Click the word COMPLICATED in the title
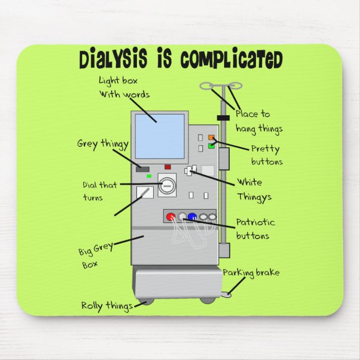point(231,59)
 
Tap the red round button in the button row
point(171,217)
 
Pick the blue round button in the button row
point(192,217)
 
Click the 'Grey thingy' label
point(102,144)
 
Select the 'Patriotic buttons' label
point(255,229)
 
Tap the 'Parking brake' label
point(251,273)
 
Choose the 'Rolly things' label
point(107,306)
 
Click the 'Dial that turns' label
point(100,191)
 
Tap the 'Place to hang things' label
point(258,121)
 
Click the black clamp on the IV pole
point(223,118)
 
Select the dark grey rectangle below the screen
point(143,168)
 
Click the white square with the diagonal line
point(145,193)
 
